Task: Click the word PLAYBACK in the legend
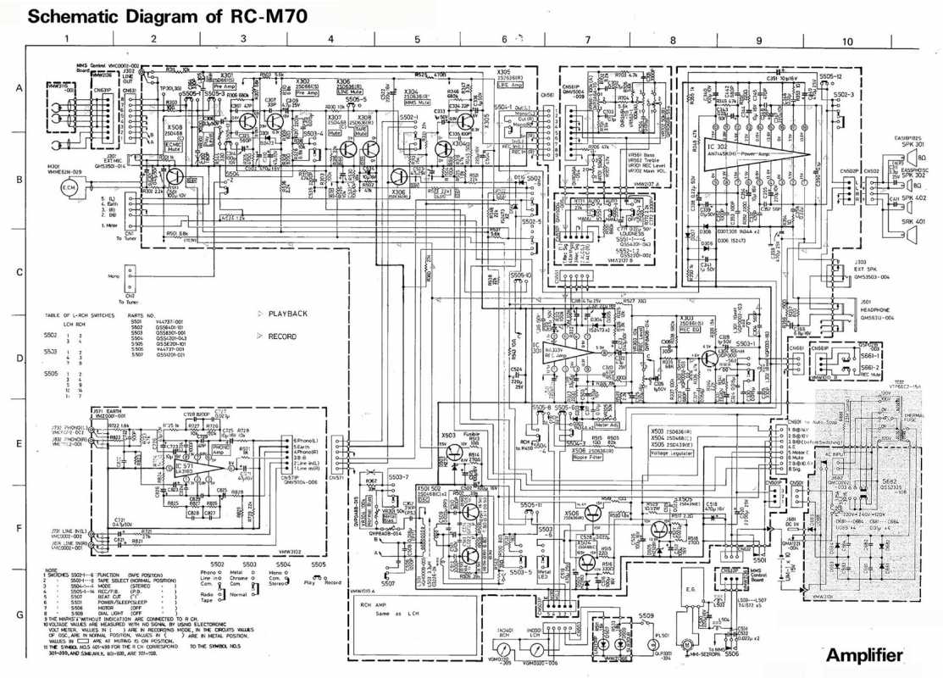point(287,314)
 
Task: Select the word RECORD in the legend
point(282,336)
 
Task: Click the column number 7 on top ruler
point(587,40)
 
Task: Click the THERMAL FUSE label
point(912,419)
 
